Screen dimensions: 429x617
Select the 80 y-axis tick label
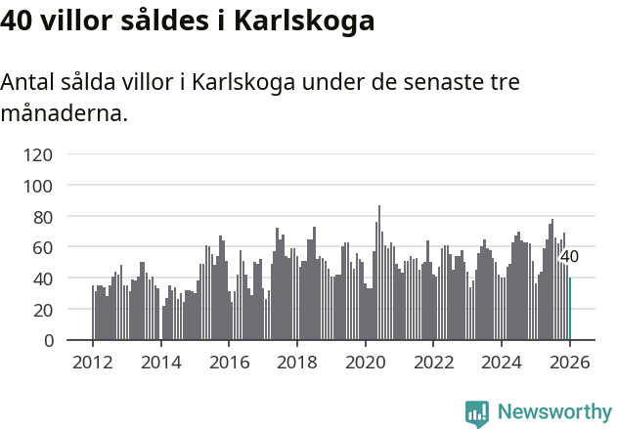(x=43, y=217)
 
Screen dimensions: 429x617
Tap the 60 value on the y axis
(x=43, y=248)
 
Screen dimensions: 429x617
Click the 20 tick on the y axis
(x=43, y=310)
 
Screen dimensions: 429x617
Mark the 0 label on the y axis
(x=48, y=341)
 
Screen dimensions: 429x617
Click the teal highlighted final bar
(x=570, y=309)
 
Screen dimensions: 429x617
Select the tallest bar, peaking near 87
(x=379, y=274)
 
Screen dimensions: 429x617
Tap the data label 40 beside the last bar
(x=569, y=257)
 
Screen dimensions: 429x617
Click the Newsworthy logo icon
(x=477, y=413)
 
